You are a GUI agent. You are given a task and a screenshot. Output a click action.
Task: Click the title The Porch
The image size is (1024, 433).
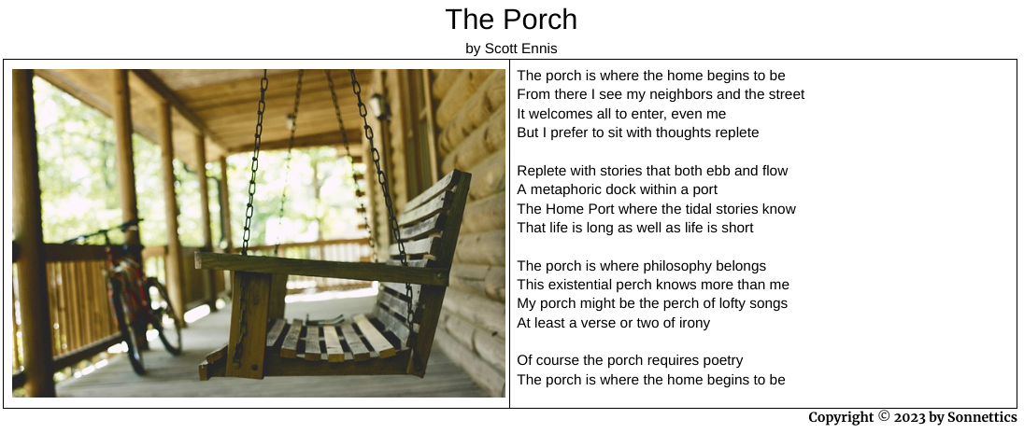point(511,20)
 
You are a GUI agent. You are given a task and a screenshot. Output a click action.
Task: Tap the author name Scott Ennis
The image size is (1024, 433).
point(520,49)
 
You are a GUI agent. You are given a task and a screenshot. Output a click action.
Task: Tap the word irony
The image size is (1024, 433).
point(692,323)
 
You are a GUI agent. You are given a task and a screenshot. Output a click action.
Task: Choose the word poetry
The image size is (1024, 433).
point(721,360)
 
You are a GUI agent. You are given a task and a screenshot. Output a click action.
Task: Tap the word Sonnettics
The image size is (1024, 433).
point(982,417)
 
